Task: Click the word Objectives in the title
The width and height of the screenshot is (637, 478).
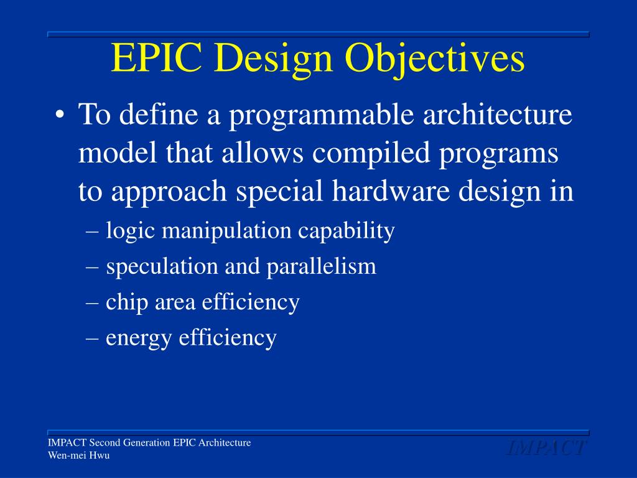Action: (435, 60)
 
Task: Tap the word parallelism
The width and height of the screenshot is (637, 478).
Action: (322, 266)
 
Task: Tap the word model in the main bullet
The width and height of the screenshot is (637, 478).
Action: (109, 154)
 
